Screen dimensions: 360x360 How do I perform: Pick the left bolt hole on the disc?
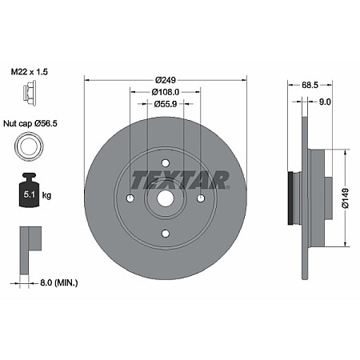click(x=130, y=198)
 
